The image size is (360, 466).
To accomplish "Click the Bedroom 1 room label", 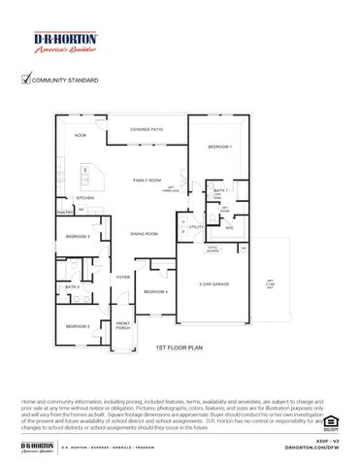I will (x=220, y=147).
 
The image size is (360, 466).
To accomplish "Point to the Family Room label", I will (x=147, y=181).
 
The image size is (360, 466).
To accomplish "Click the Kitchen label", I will (x=84, y=197).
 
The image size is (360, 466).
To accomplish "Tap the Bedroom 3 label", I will (x=79, y=236).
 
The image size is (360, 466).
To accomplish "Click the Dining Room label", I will (x=144, y=234).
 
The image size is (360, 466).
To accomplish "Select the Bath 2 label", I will (x=72, y=287).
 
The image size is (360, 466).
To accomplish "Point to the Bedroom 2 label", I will (x=79, y=326).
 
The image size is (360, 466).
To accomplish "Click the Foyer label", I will (x=123, y=277).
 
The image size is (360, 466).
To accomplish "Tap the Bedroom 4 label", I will (x=155, y=291).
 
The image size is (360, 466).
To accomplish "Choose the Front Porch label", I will (x=123, y=326).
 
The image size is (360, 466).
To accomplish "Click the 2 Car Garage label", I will (x=213, y=284).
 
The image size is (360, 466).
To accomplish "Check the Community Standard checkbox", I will (x=26, y=81).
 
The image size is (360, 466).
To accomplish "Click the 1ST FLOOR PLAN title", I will (x=180, y=347).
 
